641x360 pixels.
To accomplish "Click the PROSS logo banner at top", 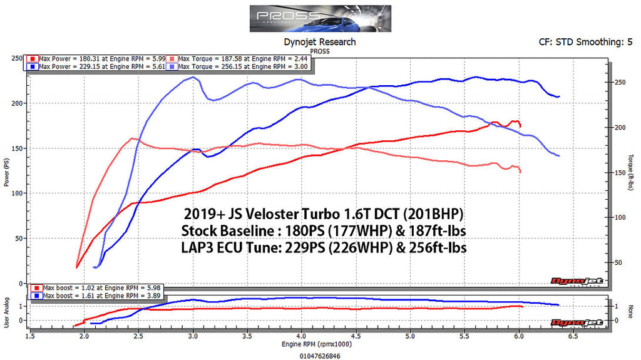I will click(x=320, y=19).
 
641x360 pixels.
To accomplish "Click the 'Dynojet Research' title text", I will click(x=320, y=42).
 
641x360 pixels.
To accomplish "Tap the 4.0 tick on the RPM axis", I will click(x=302, y=336).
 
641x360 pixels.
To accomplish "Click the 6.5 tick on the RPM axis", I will click(x=573, y=336).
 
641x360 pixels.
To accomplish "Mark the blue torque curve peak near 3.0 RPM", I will click(x=194, y=78).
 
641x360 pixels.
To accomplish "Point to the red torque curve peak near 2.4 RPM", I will click(x=132, y=138).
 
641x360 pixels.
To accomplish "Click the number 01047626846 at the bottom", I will click(x=320, y=354).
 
